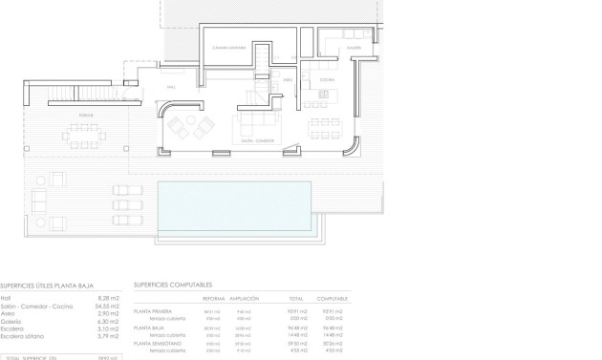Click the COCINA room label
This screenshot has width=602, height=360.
[326, 79]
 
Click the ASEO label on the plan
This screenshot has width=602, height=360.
[286, 80]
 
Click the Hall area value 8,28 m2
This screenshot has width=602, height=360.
[109, 297]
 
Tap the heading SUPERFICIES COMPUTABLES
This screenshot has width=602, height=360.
[173, 285]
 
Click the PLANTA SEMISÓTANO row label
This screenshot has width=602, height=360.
[157, 342]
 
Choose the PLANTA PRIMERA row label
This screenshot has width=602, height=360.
[153, 311]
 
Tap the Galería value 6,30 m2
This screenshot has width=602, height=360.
[109, 322]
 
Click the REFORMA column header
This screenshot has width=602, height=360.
[212, 299]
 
